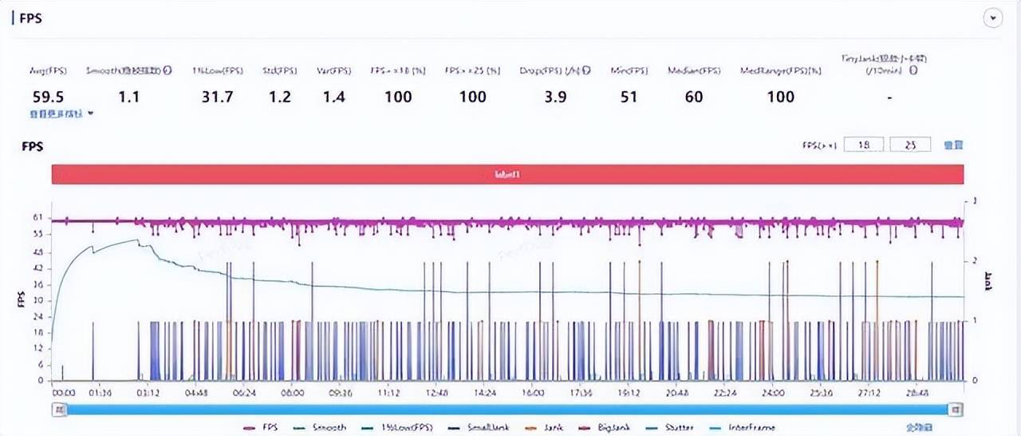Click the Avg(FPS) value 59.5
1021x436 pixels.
49,97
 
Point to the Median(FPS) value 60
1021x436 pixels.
694,97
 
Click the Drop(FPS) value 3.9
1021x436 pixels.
554,97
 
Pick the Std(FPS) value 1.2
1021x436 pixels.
279,97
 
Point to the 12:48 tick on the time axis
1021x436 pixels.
436,393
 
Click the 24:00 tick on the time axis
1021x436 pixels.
773,393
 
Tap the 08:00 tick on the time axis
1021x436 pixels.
293,393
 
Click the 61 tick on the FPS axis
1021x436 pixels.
37,217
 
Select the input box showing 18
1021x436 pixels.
861,145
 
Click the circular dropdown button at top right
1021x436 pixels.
993,18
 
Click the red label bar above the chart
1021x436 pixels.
507,174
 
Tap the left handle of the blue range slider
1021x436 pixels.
59,409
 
